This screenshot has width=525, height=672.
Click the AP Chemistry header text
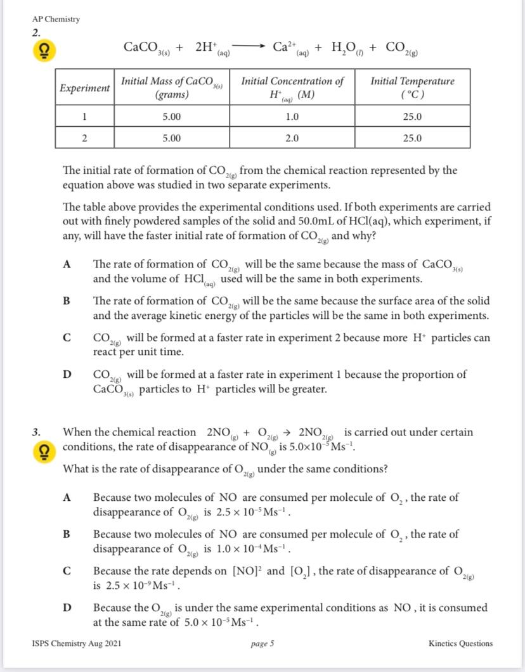(x=56, y=19)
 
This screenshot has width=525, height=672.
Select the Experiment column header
(x=84, y=88)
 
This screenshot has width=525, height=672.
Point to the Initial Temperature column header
(x=412, y=88)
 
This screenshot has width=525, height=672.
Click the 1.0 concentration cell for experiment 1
(x=292, y=117)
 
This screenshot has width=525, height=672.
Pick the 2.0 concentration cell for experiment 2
(x=292, y=138)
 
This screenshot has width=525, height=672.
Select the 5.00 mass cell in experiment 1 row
(x=171, y=117)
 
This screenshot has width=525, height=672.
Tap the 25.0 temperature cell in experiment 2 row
(x=412, y=138)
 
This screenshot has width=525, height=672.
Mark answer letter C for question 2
(x=66, y=338)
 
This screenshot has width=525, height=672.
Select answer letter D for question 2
(x=66, y=374)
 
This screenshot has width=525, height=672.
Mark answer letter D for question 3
(x=66, y=608)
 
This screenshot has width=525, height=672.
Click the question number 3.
(x=37, y=432)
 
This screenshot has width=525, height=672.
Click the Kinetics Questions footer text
(x=460, y=643)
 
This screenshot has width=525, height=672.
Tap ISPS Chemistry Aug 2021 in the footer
(x=77, y=643)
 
